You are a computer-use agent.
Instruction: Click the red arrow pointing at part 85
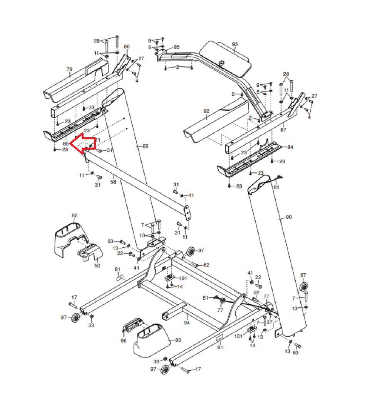pyautogui.click(x=83, y=144)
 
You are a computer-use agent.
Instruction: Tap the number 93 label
pyautogui.click(x=235, y=44)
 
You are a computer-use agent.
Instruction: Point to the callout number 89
pyautogui.click(x=145, y=146)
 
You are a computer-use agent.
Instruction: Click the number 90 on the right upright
pyautogui.click(x=289, y=217)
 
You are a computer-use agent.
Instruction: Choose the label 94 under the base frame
pyautogui.click(x=187, y=322)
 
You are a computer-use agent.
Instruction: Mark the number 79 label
pyautogui.click(x=69, y=69)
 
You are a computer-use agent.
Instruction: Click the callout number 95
pyautogui.click(x=176, y=47)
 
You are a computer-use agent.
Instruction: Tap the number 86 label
pyautogui.click(x=127, y=46)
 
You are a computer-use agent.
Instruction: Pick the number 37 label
pyautogui.click(x=269, y=322)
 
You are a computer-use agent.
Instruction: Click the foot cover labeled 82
pyautogui.click(x=69, y=235)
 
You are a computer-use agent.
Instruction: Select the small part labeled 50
pyautogui.click(x=91, y=253)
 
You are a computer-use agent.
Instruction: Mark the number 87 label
pyautogui.click(x=284, y=130)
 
